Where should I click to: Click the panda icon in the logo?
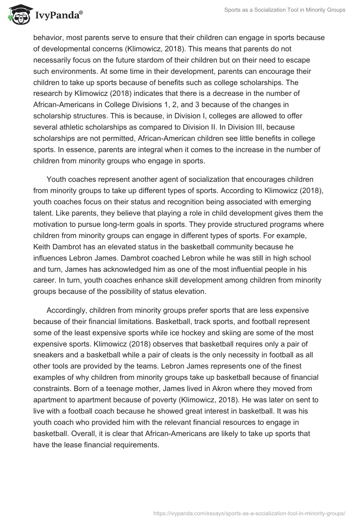(x=18, y=14)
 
